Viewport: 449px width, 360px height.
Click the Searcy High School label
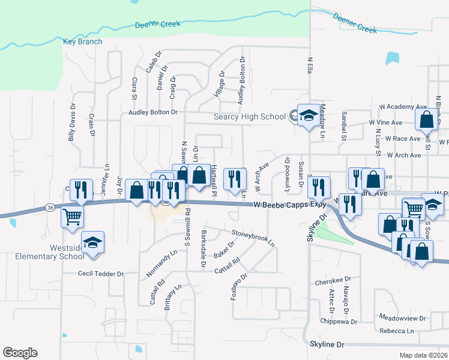pyautogui.click(x=250, y=116)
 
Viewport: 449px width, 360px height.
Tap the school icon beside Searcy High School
pyautogui.click(x=308, y=116)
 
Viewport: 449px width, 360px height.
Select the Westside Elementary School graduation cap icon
pyautogui.click(x=92, y=242)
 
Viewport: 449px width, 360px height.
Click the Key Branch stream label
pyautogui.click(x=82, y=42)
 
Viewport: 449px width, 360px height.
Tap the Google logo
pyautogui.click(x=20, y=353)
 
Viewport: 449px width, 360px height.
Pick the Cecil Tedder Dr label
pyautogui.click(x=100, y=274)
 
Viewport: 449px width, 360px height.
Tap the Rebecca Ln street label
pyautogui.click(x=397, y=331)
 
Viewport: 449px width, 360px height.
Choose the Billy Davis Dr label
pyautogui.click(x=71, y=122)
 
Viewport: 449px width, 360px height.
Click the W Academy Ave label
pyautogui.click(x=402, y=107)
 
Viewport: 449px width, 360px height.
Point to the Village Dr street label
pyautogui.click(x=219, y=85)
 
